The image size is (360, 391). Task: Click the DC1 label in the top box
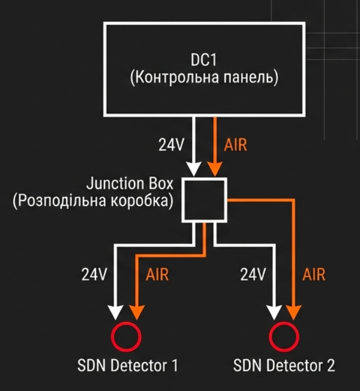tap(204, 60)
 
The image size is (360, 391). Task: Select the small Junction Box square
tap(204, 200)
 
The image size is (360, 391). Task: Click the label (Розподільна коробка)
tap(93, 202)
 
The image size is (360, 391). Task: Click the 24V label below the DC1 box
tap(171, 145)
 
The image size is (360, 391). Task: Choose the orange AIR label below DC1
tap(236, 145)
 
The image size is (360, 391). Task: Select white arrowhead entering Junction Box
tap(194, 169)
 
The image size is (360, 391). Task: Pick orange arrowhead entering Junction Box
tap(214, 169)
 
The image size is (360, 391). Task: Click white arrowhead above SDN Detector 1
tap(115, 312)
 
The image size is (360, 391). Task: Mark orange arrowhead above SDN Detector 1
tap(136, 312)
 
